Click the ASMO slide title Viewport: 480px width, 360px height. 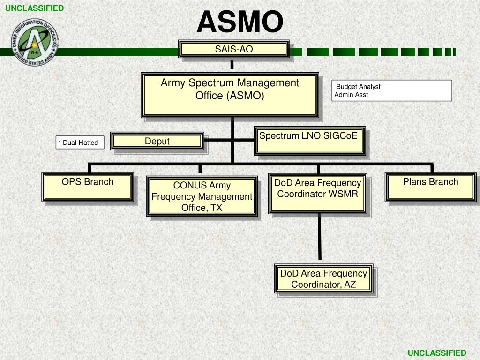click(240, 22)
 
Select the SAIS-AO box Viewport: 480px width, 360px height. click(234, 49)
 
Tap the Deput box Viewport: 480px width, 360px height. click(157, 142)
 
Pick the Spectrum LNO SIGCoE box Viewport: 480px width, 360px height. click(309, 140)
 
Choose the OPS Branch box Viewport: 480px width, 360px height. click(88, 186)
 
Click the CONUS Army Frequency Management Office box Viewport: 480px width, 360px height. click(202, 196)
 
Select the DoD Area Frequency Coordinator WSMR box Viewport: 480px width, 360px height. click(318, 193)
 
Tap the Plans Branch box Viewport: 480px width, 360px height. click(430, 187)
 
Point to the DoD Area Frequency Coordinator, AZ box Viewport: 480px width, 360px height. click(323, 279)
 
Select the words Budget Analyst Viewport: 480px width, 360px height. click(359, 87)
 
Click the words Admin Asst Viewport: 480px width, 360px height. click(352, 95)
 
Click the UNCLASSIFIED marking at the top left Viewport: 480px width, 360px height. click(34, 8)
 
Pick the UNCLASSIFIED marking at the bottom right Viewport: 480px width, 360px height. click(437, 353)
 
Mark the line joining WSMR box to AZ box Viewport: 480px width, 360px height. click(320, 237)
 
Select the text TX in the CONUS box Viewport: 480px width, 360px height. click(216, 208)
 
